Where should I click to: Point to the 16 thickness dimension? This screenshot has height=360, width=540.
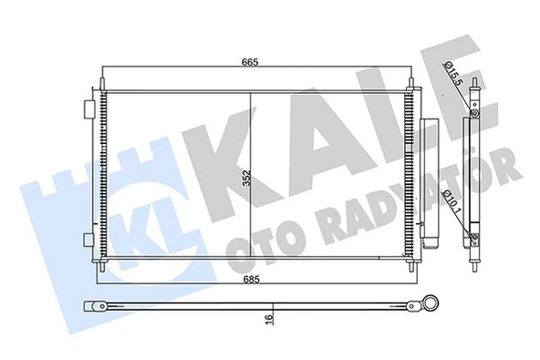point(269,318)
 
